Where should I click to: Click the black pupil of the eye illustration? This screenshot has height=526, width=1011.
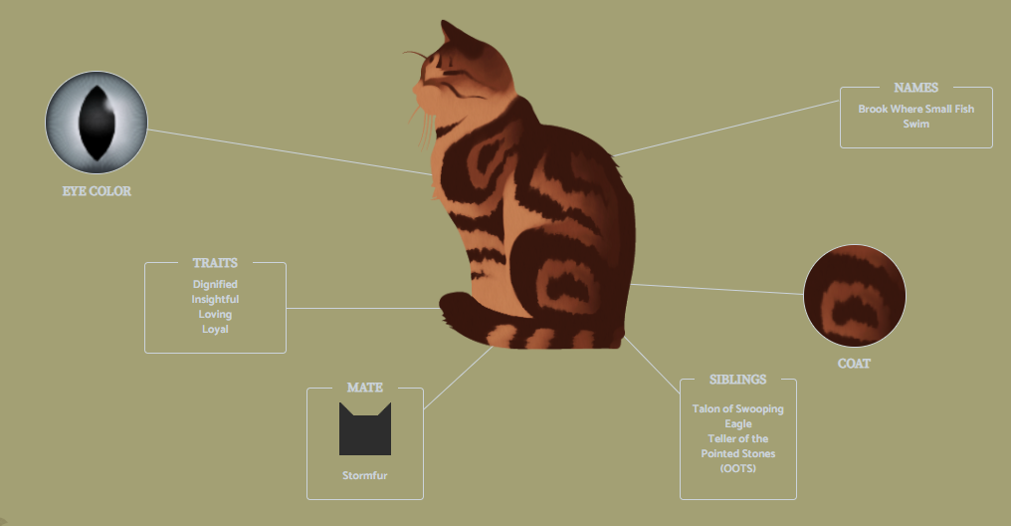(x=97, y=123)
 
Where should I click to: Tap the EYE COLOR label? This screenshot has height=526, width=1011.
(x=97, y=191)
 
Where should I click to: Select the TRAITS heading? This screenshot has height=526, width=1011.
(x=215, y=263)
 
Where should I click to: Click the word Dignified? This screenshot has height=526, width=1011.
(x=215, y=284)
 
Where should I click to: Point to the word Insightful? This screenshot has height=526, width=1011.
(x=215, y=299)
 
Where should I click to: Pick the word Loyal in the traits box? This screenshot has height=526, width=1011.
(x=215, y=329)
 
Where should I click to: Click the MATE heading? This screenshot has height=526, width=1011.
(x=365, y=388)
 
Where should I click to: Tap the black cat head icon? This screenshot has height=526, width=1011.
(x=365, y=429)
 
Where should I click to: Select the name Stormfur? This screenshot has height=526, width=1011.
(x=365, y=475)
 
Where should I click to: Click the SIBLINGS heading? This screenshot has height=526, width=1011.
(x=738, y=380)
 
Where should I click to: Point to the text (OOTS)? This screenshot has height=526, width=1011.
(x=738, y=468)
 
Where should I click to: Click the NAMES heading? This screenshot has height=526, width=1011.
(x=916, y=88)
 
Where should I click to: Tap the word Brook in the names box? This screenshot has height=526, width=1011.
(x=873, y=109)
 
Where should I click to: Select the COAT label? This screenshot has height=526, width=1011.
(x=855, y=364)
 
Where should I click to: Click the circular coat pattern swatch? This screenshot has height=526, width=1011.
(x=855, y=296)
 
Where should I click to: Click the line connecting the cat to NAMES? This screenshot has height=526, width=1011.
(x=726, y=129)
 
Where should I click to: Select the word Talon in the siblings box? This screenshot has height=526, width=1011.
(x=707, y=408)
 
